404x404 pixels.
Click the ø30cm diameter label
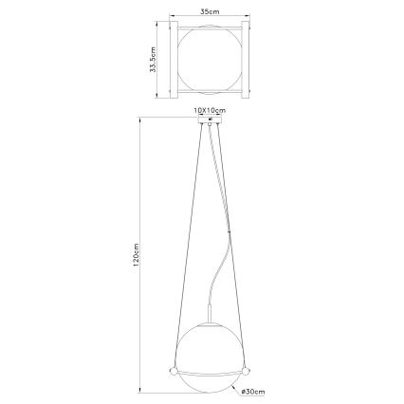coord(252,390)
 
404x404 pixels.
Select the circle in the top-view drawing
coord(206,62)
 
